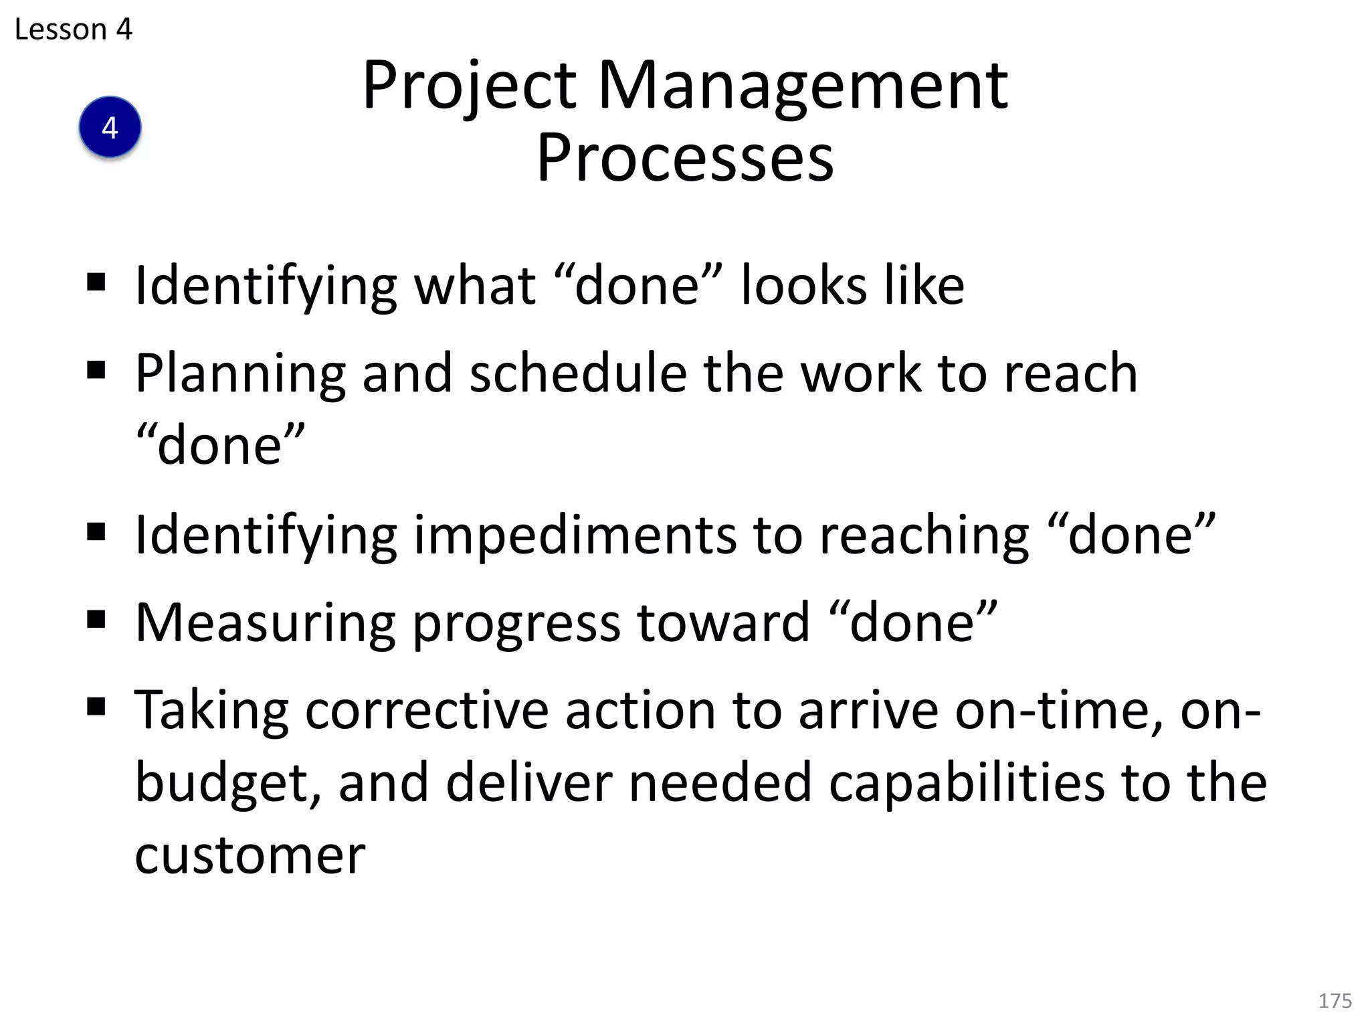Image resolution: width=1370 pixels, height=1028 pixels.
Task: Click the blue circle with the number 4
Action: tap(110, 127)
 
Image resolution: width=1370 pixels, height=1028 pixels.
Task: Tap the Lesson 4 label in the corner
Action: tap(74, 29)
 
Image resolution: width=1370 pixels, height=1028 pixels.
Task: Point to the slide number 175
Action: tap(1335, 1001)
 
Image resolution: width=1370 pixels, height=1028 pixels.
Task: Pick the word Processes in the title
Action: tap(685, 158)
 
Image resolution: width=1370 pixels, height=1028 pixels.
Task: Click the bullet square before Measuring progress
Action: tap(96, 620)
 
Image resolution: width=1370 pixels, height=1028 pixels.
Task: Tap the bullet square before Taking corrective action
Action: tap(96, 707)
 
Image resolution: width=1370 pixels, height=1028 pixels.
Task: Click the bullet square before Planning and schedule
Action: tap(96, 370)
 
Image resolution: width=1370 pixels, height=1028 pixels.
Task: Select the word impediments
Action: tap(575, 535)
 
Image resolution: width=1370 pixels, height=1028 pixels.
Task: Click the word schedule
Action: tap(578, 373)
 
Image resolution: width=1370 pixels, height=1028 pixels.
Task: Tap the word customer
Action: tap(250, 855)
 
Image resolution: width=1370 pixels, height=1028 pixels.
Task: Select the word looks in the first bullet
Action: tap(803, 286)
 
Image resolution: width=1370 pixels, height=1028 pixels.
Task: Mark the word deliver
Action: tap(529, 783)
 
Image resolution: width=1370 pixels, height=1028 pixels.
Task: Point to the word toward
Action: tap(723, 623)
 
